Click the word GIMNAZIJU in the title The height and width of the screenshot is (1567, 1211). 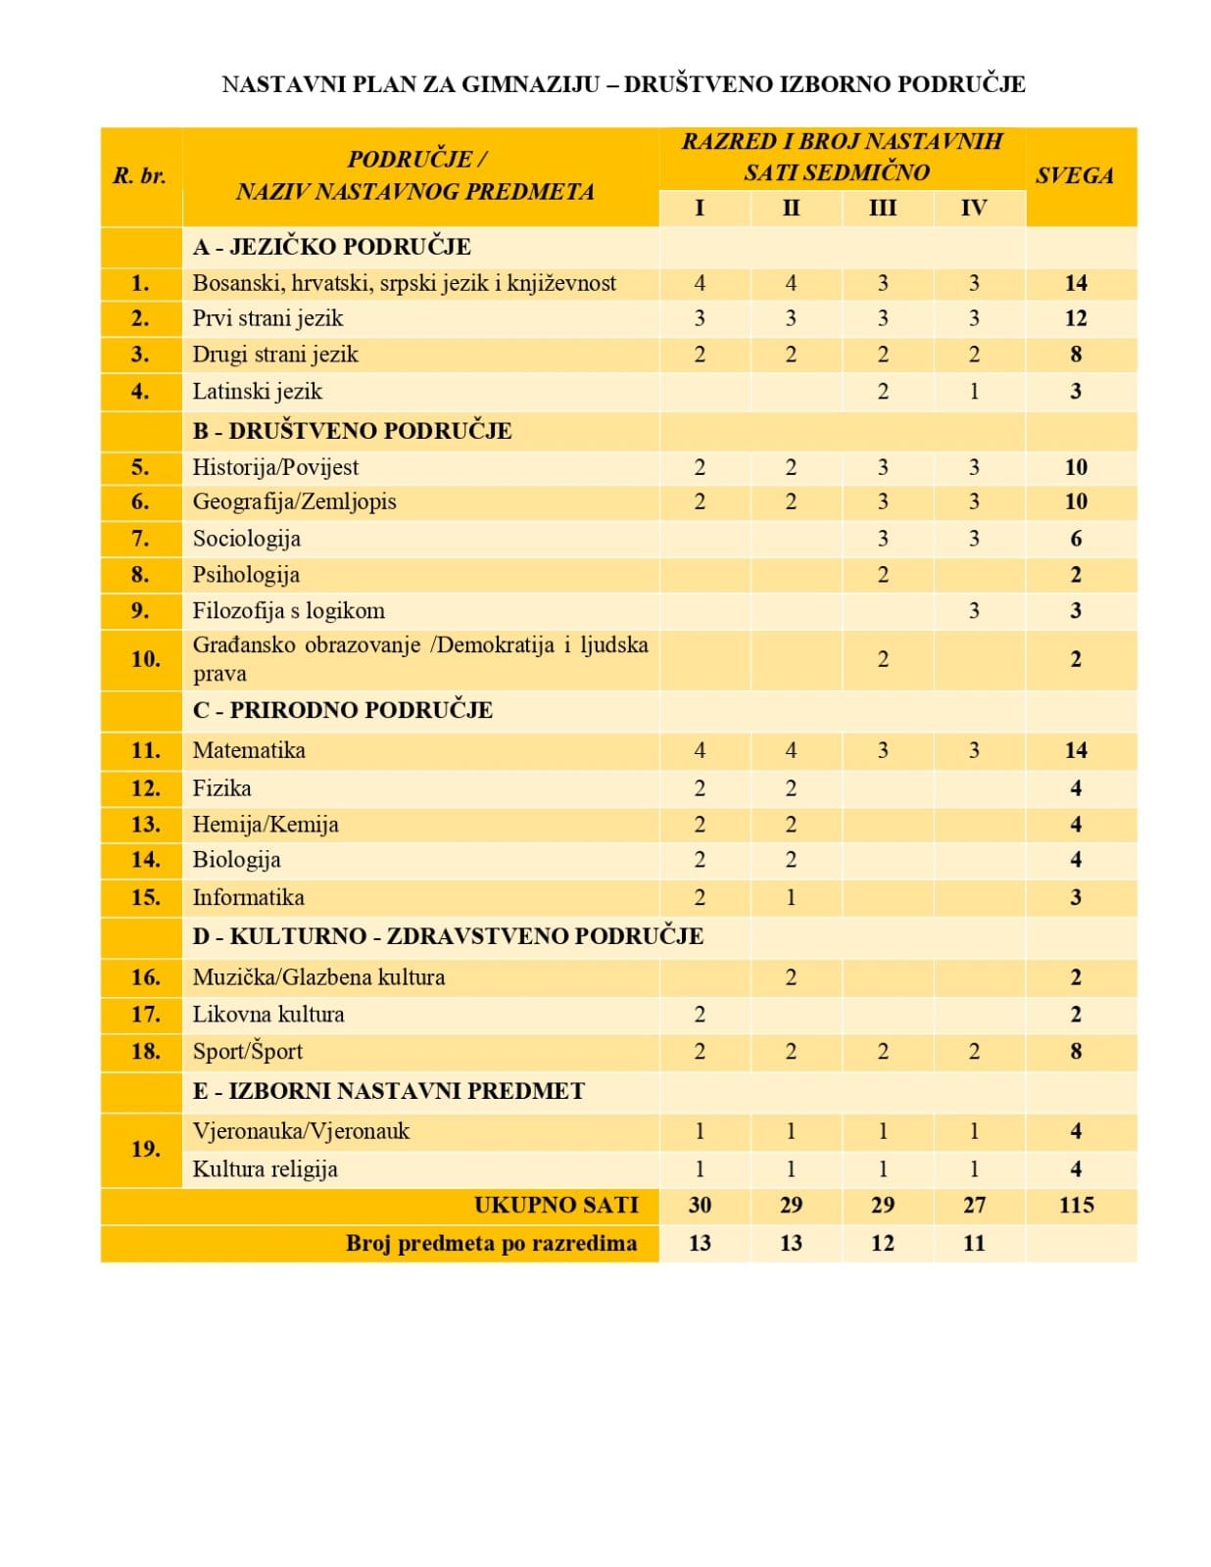(530, 84)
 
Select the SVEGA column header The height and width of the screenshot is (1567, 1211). (1075, 176)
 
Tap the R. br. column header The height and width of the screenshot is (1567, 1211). (140, 176)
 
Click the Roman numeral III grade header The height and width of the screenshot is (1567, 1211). (882, 208)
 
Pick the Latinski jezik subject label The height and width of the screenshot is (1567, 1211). (257, 392)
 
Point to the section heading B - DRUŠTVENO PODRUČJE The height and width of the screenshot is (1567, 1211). (352, 431)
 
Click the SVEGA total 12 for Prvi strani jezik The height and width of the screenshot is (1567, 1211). (1076, 318)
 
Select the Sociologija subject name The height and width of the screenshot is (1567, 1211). (246, 539)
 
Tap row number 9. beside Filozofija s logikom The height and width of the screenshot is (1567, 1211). (140, 611)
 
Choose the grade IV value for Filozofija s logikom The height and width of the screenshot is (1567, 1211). (973, 611)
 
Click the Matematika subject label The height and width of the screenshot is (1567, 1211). (249, 750)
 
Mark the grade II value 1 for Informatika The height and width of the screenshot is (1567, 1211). (791, 897)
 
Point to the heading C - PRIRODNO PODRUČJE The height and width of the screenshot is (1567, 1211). (342, 710)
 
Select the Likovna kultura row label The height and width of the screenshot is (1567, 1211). (267, 1015)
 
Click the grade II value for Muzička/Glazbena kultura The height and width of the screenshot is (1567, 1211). (791, 977)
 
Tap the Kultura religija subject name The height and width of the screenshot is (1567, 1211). (265, 1169)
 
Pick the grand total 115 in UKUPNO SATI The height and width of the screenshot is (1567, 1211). (1076, 1206)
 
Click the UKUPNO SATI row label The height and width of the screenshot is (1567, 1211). (556, 1206)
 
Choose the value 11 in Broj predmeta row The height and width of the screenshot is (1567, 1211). (973, 1244)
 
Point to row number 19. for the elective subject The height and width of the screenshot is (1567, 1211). (145, 1149)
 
